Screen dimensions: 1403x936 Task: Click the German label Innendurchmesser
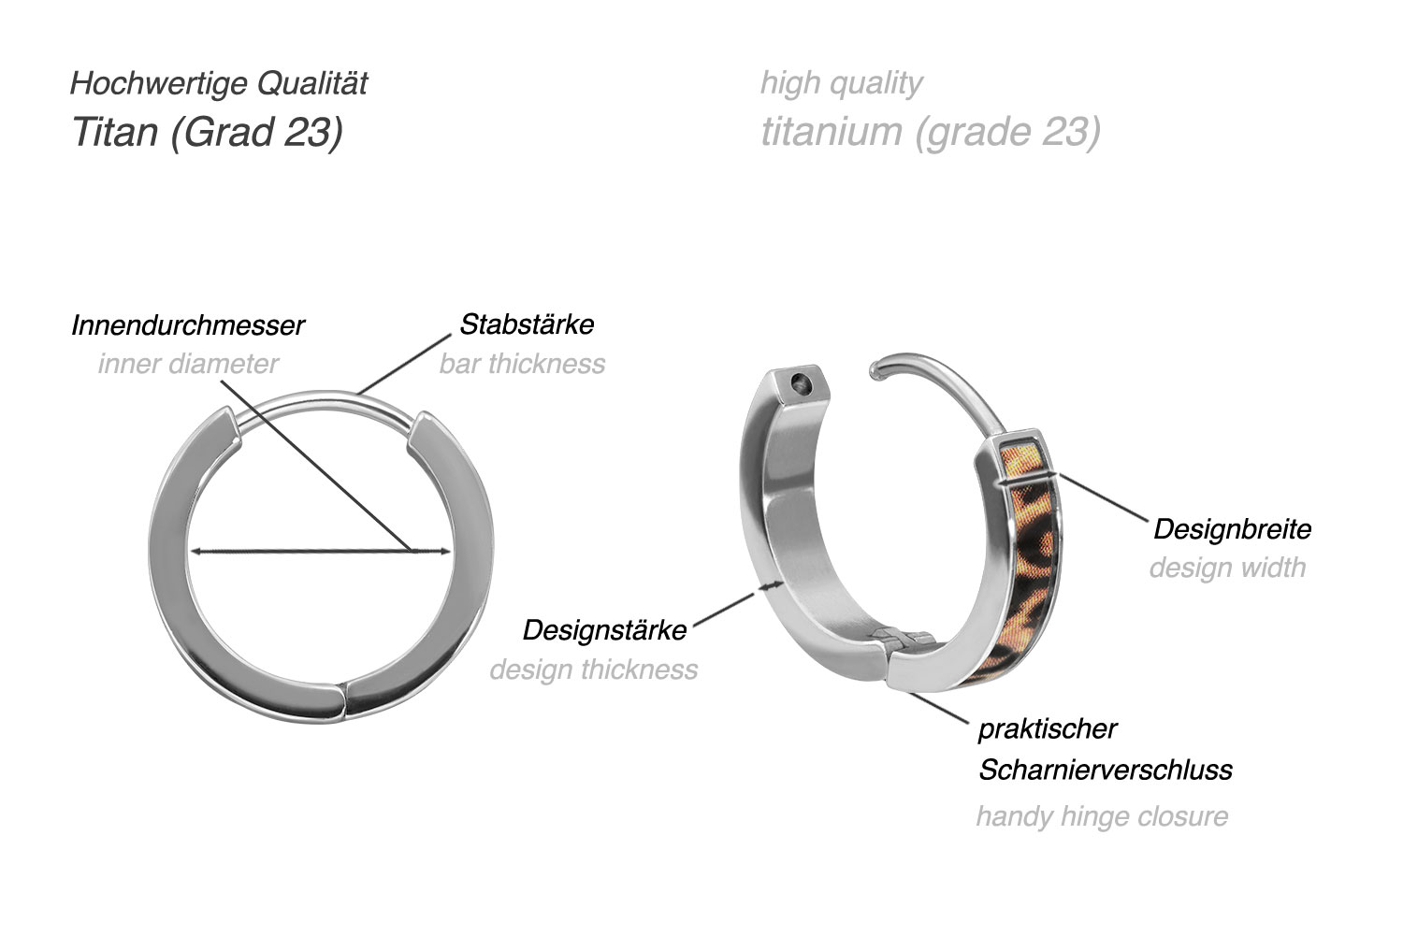click(188, 325)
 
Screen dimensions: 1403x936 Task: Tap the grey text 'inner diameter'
click(188, 364)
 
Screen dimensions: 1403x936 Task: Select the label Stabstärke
click(527, 324)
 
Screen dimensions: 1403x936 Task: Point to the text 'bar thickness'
click(522, 364)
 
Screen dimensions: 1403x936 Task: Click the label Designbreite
click(1232, 529)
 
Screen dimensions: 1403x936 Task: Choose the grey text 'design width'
click(1227, 568)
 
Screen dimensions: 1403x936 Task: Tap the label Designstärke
click(604, 630)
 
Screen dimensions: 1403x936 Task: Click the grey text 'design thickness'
click(593, 670)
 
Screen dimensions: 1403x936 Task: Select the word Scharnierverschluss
click(1106, 770)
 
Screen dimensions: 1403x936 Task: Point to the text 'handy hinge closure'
click(1102, 816)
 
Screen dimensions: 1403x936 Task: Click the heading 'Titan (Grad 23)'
click(207, 132)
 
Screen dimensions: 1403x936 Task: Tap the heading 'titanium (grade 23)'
click(930, 132)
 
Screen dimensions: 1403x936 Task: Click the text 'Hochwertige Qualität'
click(219, 83)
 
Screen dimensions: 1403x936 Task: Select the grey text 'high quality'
click(841, 83)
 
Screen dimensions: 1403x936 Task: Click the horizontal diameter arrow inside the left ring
click(320, 551)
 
